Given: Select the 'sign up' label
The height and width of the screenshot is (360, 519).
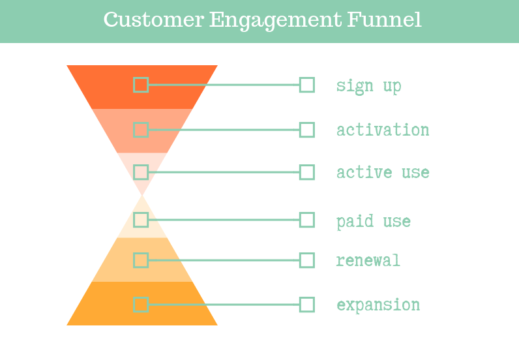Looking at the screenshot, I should tap(368, 85).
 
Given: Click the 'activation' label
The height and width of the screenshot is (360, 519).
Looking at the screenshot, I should tap(383, 130).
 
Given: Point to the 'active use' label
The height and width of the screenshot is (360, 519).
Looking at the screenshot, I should tap(383, 173).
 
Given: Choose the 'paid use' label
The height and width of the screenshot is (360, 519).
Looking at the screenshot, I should tap(374, 221).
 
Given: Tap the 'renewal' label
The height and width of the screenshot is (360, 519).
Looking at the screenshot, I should tap(368, 261).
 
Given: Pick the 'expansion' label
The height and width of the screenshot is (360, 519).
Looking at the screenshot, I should tap(378, 305).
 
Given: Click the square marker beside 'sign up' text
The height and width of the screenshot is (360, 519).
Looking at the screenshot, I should tap(307, 85).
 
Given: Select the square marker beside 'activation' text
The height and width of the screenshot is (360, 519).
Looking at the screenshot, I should tap(307, 130).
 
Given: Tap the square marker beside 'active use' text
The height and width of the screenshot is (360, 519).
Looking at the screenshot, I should tap(307, 172).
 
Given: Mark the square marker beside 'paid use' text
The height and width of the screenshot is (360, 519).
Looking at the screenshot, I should tap(307, 220).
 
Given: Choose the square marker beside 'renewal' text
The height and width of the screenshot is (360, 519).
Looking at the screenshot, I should tap(307, 260).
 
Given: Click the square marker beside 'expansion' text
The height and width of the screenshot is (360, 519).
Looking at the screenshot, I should tap(307, 305).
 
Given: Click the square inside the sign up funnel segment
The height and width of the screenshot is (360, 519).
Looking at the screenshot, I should tap(141, 85).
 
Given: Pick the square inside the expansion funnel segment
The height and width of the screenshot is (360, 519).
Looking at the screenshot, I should tap(141, 305).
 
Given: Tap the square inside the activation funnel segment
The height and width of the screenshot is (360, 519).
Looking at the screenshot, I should tap(141, 130).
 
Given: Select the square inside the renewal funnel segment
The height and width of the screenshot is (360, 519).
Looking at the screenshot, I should tap(141, 260).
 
